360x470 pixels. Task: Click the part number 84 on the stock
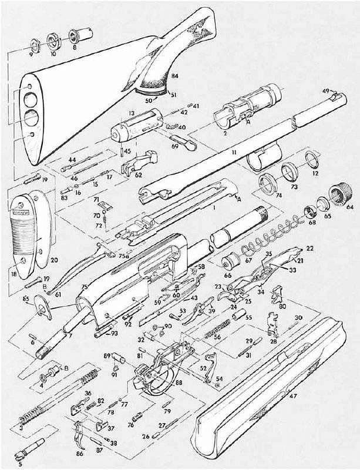tap(174, 77)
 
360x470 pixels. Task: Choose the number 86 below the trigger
tap(80, 454)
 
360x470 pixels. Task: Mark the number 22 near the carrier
tap(309, 249)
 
